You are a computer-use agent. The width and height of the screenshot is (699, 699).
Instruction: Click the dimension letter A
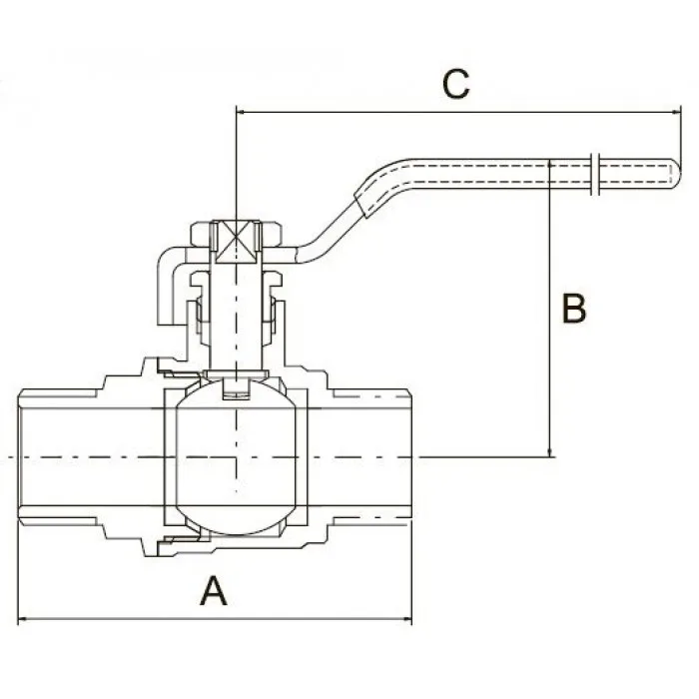[214, 590]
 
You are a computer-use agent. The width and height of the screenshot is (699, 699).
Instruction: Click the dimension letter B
[574, 308]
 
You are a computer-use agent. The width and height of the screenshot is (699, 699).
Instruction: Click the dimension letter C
[455, 84]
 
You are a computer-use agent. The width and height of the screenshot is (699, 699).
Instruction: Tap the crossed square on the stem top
[236, 243]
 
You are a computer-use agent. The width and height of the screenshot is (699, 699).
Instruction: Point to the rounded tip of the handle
[676, 174]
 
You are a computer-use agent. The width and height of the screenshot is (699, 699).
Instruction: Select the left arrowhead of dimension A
[23, 619]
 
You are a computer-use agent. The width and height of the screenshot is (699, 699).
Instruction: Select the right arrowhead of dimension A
[406, 619]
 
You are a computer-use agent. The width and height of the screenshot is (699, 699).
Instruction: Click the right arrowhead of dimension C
[675, 112]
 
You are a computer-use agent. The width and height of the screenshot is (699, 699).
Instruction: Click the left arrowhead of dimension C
[242, 112]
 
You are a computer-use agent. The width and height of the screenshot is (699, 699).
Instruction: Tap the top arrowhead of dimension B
[550, 167]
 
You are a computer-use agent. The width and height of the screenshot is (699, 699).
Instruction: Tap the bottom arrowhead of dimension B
[550, 451]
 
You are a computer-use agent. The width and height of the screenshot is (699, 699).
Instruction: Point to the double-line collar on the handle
[595, 174]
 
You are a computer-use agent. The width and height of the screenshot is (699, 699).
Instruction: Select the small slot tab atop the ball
[237, 388]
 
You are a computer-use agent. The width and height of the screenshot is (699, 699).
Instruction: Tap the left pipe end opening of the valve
[20, 457]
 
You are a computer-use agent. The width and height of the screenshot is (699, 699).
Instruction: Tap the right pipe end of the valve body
[409, 457]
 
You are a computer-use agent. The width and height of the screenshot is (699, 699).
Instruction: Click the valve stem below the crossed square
[237, 317]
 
